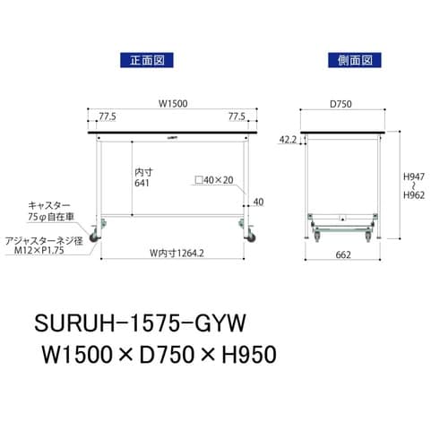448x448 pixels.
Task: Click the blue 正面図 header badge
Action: [x=145, y=62]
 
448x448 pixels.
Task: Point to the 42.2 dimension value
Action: [x=289, y=140]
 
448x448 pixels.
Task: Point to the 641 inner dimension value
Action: [x=142, y=183]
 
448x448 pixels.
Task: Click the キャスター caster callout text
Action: [x=50, y=205]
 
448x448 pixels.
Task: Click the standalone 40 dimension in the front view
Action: [x=258, y=202]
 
